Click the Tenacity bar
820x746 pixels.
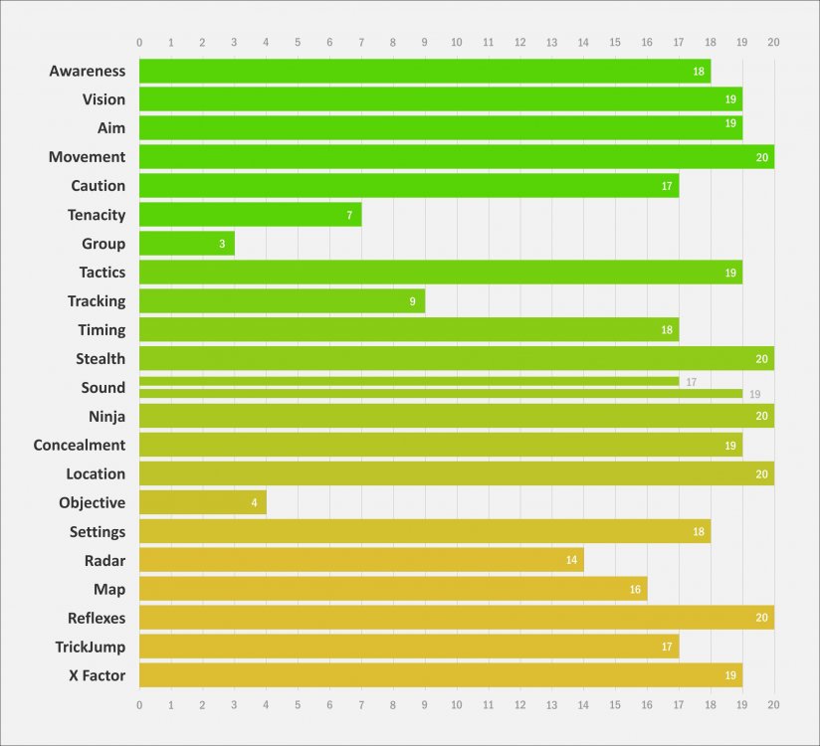[x=251, y=214]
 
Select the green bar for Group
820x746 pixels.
[x=187, y=243]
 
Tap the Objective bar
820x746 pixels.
[x=203, y=502]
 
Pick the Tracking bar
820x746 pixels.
[x=283, y=300]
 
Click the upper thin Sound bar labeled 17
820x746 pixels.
[x=409, y=382]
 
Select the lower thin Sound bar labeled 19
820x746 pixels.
[x=441, y=393]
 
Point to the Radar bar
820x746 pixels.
[x=362, y=560]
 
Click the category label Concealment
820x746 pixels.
[x=80, y=445]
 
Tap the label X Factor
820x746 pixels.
[x=98, y=675]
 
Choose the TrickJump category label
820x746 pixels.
[x=91, y=647]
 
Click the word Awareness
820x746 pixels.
[x=88, y=71]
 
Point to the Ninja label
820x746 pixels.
[x=107, y=417]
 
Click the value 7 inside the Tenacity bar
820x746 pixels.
[x=349, y=216]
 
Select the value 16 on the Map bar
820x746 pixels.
[x=635, y=590]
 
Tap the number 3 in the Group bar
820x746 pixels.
[x=222, y=244]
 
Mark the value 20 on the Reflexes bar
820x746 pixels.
[x=762, y=618]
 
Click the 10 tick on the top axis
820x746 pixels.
[x=457, y=43]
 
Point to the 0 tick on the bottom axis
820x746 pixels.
[x=139, y=705]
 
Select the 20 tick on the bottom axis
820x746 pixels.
[x=773, y=704]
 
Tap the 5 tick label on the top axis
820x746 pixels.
[x=298, y=43]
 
